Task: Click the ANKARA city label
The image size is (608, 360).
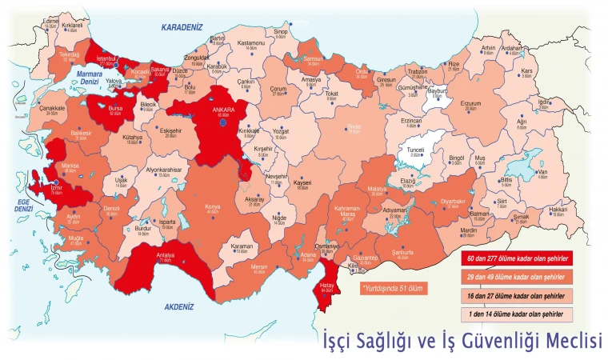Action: (x=222, y=110)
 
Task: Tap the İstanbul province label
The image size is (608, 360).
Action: (x=106, y=58)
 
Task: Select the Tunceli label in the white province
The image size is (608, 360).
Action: (x=416, y=150)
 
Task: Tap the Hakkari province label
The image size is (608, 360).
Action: (x=558, y=210)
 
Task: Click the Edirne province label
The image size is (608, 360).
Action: (x=51, y=21)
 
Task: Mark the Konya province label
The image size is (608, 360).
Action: (x=213, y=207)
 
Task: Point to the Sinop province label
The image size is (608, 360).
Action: (x=281, y=32)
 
